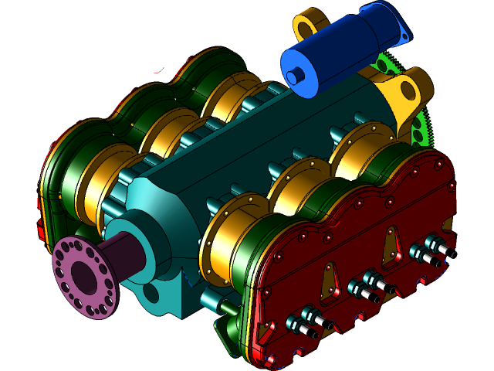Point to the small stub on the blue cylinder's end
[x=293, y=77]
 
